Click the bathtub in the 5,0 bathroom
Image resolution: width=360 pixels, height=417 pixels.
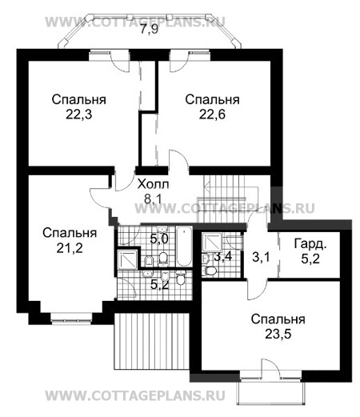pyautogui.click(x=184, y=247)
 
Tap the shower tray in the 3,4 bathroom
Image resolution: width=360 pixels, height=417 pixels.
pyautogui.click(x=212, y=243)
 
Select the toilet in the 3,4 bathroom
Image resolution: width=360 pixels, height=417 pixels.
pyautogui.click(x=210, y=271)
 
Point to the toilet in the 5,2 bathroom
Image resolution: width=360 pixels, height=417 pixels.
pyautogui.click(x=181, y=278)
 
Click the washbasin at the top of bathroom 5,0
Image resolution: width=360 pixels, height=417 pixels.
pyautogui.click(x=162, y=228)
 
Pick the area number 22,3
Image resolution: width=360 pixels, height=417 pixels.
pyautogui.click(x=79, y=114)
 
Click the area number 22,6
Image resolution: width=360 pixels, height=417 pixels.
pyautogui.click(x=212, y=114)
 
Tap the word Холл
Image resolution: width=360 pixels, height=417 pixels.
pyautogui.click(x=153, y=184)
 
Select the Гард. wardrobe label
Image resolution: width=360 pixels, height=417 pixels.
pyautogui.click(x=310, y=244)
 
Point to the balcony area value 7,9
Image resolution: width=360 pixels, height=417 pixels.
pyautogui.click(x=150, y=29)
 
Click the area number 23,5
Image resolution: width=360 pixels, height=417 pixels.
pyautogui.click(x=278, y=334)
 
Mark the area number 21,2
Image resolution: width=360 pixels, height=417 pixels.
pyautogui.click(x=70, y=248)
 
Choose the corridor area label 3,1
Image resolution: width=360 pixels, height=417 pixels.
pyautogui.click(x=261, y=258)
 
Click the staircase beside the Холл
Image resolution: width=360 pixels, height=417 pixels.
pyautogui.click(x=226, y=198)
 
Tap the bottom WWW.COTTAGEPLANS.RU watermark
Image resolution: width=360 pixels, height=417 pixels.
pyautogui.click(x=135, y=395)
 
